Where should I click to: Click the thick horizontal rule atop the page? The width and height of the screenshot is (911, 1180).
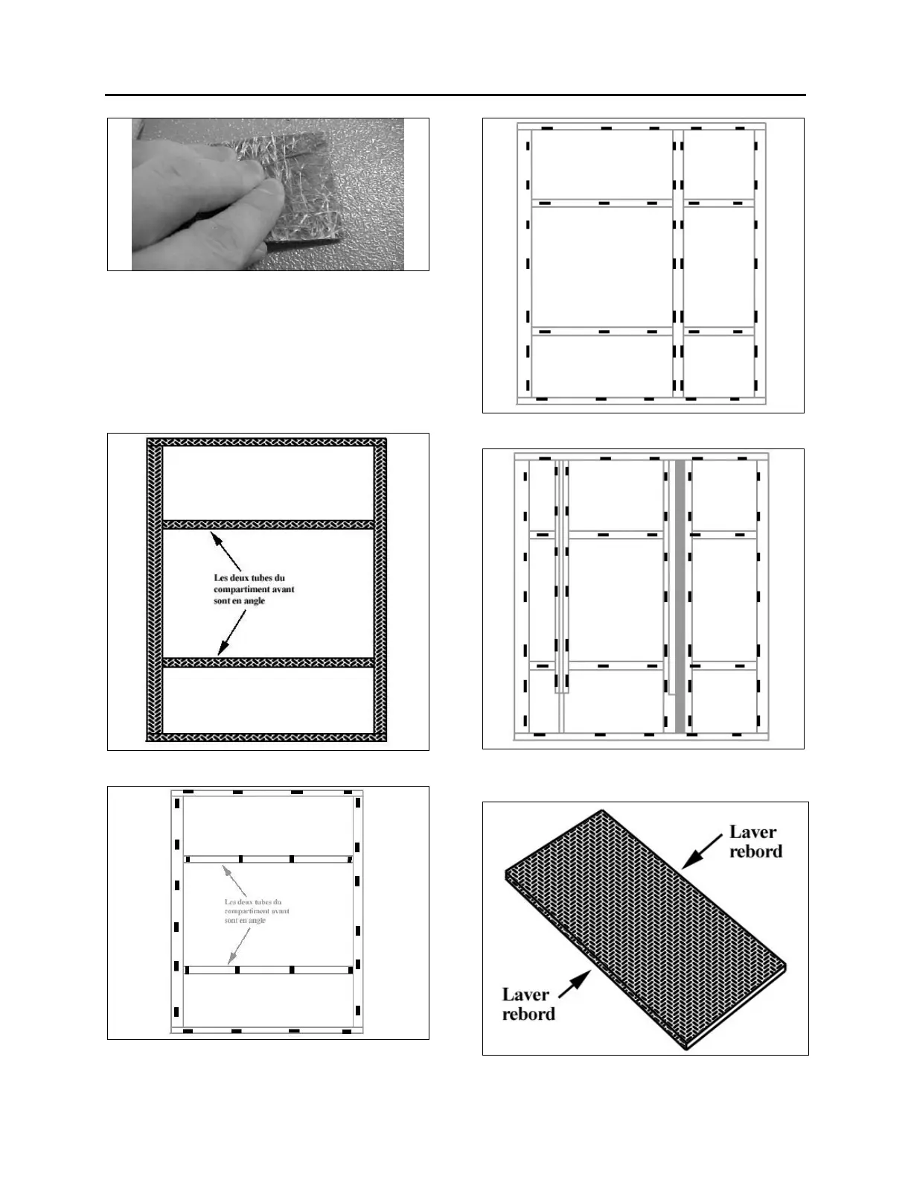click(455, 95)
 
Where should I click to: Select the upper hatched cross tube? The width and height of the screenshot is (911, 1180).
click(268, 524)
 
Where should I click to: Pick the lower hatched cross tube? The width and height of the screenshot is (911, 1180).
click(268, 662)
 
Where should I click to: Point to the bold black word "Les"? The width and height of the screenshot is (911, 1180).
click(222, 578)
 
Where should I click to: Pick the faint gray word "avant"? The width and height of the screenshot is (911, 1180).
click(277, 911)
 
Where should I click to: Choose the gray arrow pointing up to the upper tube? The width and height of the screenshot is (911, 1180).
click(235, 880)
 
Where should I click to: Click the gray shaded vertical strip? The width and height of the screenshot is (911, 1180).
click(680, 596)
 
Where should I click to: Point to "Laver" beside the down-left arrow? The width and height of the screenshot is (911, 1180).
click(753, 832)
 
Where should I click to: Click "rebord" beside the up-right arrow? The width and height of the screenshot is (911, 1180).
click(528, 1014)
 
